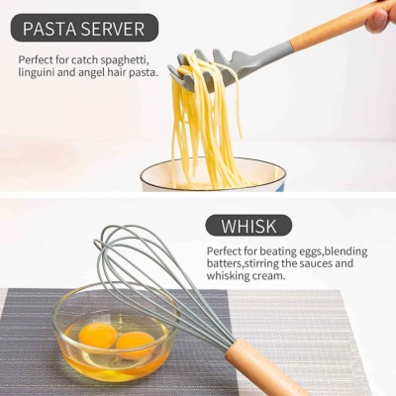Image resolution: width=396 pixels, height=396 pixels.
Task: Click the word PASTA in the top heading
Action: [49, 29]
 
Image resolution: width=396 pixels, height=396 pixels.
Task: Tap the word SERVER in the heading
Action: [113, 29]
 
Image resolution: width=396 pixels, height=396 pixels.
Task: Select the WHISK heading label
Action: [248, 226]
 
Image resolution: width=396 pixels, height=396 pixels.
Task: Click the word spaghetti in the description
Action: [126, 60]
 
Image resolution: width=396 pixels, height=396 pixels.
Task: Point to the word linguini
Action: [37, 72]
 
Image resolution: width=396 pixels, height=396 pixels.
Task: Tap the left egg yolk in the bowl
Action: [97, 335]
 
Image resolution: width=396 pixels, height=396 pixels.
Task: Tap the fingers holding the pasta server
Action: [381, 18]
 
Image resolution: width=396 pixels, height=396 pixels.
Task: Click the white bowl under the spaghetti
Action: [213, 175]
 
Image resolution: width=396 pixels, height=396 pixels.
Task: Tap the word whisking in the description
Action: [228, 275]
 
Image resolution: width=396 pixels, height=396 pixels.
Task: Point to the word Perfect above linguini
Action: [36, 60]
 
